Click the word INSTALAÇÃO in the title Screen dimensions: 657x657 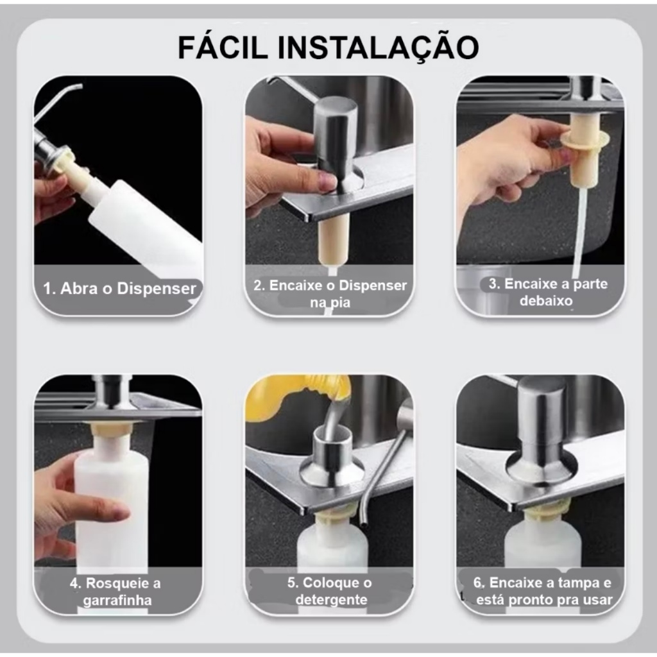pyautogui.click(x=379, y=48)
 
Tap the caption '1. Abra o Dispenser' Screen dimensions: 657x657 pyautogui.click(x=119, y=288)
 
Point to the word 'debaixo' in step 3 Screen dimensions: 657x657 pyautogui.click(x=546, y=301)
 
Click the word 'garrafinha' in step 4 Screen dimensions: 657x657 pyautogui.click(x=117, y=600)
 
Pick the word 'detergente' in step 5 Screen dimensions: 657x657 pyautogui.click(x=331, y=600)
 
